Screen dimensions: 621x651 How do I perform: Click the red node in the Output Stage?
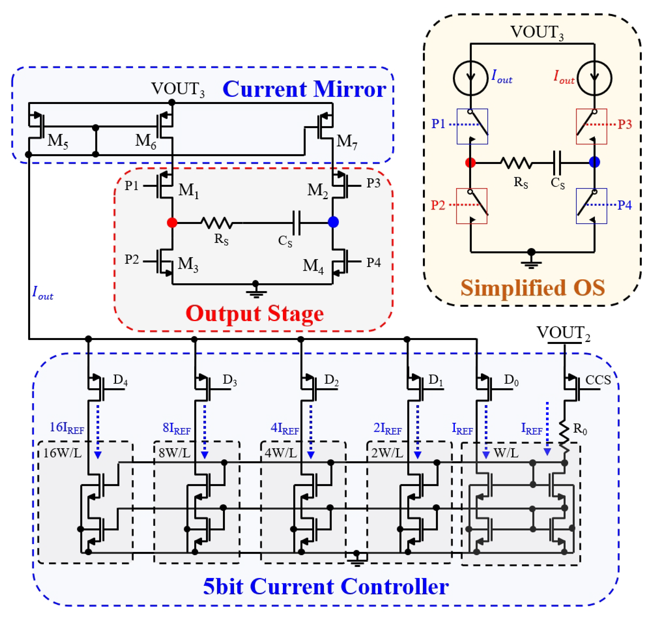click(172, 222)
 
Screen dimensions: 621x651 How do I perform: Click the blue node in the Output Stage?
click(333, 222)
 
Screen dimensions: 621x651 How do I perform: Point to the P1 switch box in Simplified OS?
click(472, 127)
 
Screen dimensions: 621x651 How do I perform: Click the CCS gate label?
click(598, 380)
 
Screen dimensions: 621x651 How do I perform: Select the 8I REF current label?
click(176, 428)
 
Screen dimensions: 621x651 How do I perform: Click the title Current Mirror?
click(304, 89)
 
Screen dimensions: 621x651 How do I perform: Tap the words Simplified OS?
click(533, 288)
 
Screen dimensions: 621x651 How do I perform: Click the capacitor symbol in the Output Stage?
click(297, 223)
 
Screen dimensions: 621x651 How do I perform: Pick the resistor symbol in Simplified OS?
click(516, 163)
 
